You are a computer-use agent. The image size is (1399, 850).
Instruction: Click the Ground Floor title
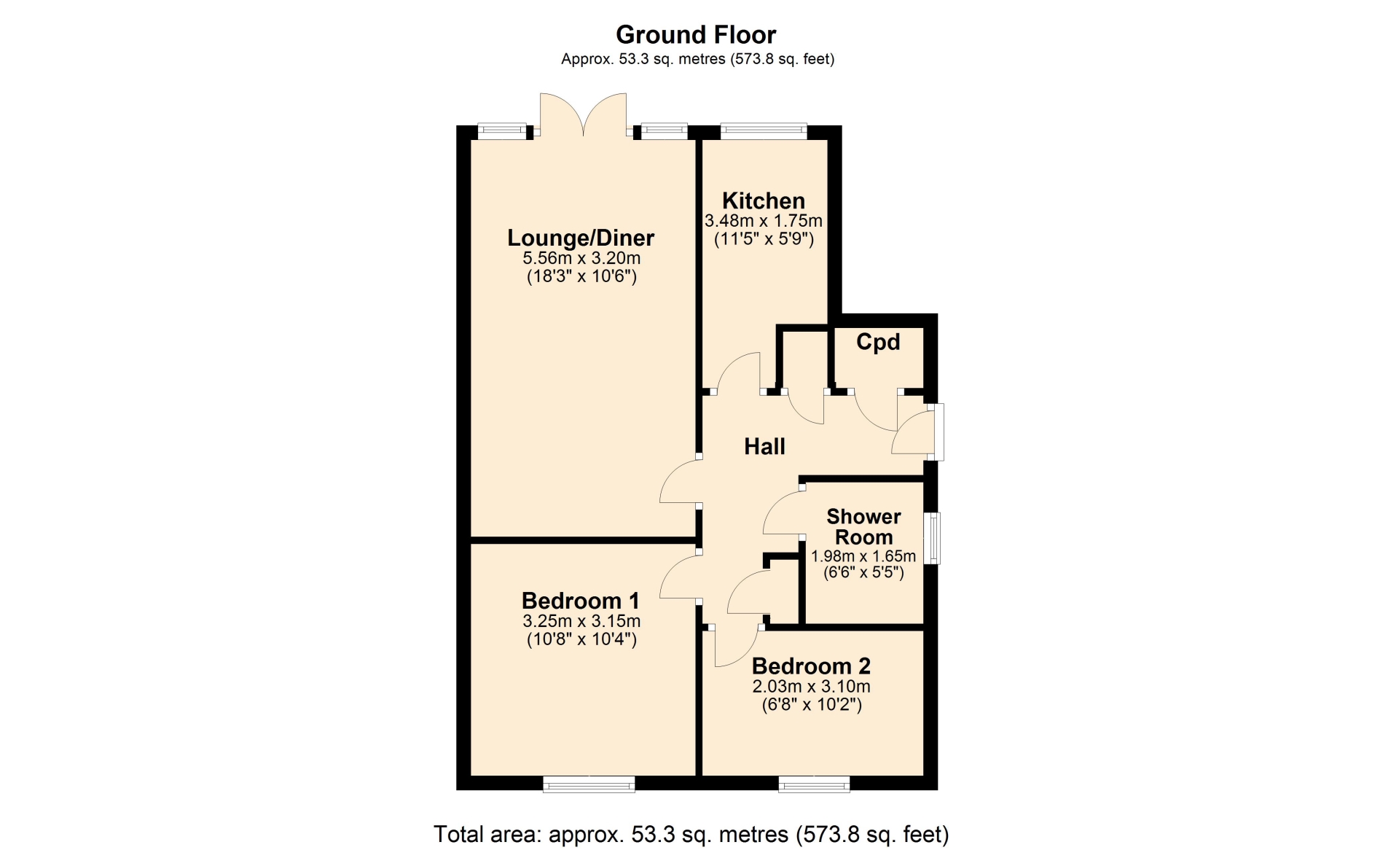point(696,34)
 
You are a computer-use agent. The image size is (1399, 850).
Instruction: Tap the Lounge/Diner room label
point(581,238)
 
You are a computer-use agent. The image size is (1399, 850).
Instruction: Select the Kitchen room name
point(764,200)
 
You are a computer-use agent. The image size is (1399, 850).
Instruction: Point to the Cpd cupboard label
point(878,342)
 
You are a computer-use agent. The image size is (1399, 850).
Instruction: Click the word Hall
point(764,446)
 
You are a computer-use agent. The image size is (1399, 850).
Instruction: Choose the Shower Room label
point(863,526)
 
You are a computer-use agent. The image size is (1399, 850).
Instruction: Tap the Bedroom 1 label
point(581,601)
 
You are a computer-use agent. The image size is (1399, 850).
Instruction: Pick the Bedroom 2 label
point(811,666)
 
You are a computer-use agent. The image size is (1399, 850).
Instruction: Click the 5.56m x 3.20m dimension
point(581,258)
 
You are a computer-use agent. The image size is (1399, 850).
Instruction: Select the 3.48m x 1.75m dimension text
point(764,220)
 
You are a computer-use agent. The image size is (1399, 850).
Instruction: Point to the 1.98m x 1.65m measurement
point(863,555)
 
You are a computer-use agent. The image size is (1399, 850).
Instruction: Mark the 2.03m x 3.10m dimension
point(811,686)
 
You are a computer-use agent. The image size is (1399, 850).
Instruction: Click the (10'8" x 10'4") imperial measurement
point(581,639)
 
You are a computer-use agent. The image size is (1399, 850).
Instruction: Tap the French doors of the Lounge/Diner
point(583,114)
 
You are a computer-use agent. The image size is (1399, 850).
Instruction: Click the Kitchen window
point(764,131)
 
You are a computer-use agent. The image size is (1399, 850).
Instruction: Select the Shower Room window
point(932,539)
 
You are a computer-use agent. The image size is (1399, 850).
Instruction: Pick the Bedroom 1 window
point(589,784)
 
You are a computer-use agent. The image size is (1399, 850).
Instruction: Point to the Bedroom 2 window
point(814,784)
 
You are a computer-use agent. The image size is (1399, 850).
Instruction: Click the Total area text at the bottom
point(691,834)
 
